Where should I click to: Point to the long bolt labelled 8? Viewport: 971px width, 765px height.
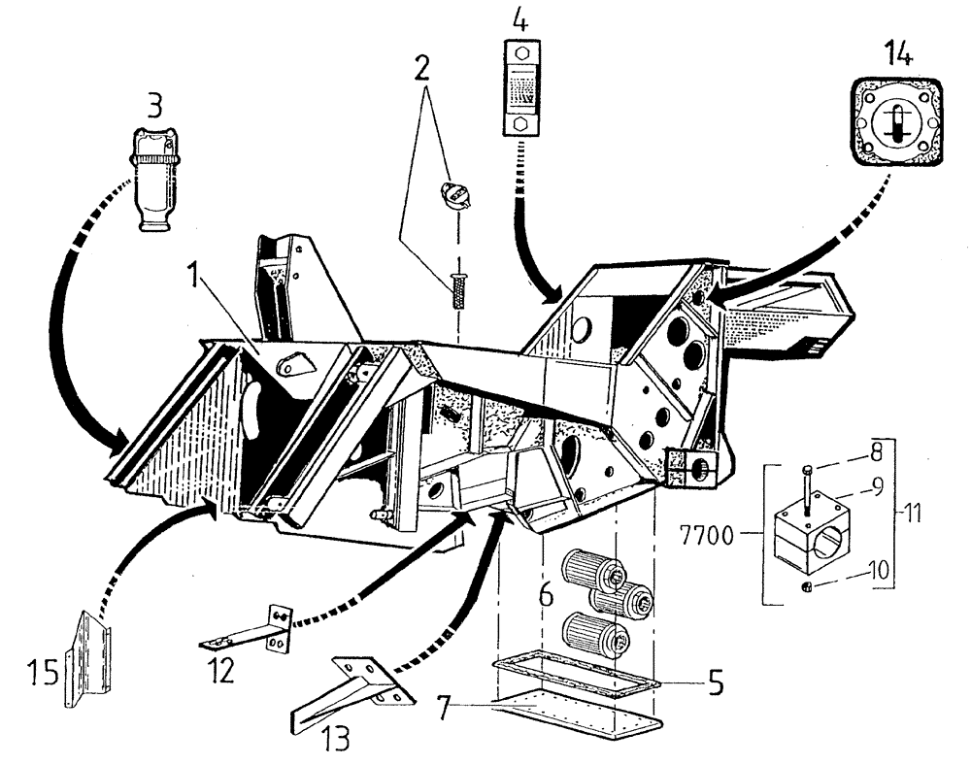pyautogui.click(x=808, y=484)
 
